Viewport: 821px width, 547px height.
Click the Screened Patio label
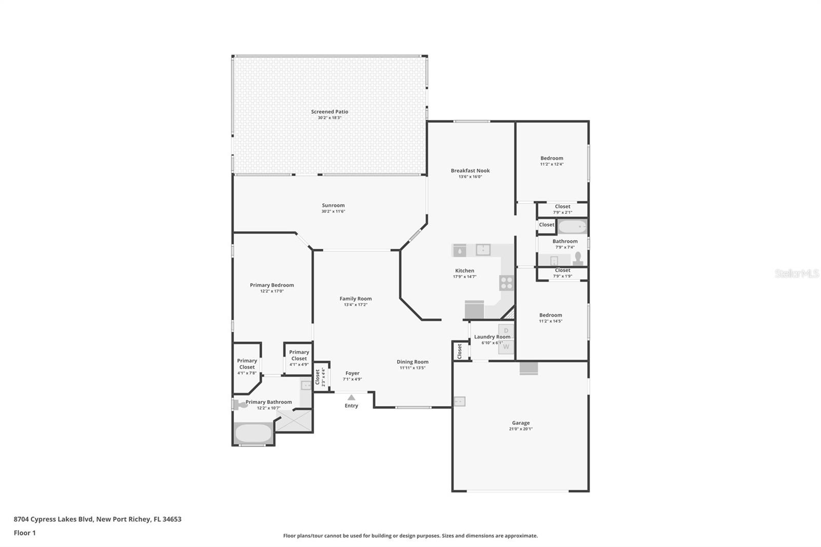click(x=329, y=111)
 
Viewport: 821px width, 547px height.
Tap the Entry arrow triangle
click(x=351, y=397)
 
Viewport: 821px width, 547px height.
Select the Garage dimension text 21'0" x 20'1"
click(x=520, y=429)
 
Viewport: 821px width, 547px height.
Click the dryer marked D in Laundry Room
click(x=506, y=330)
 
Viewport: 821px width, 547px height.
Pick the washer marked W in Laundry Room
click(x=506, y=347)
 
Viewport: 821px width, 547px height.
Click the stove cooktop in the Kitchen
click(x=506, y=283)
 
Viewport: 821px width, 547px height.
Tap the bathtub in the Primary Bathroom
click(x=253, y=434)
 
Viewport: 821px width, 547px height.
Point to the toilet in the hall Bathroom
click(x=578, y=258)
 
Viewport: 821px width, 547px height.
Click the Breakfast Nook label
click(x=470, y=170)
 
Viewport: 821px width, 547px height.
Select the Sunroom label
click(x=333, y=205)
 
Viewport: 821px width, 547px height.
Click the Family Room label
click(x=355, y=299)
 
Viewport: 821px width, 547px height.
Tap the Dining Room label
click(x=412, y=362)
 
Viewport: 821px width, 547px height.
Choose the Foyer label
click(x=352, y=373)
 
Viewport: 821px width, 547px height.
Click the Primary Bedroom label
click(x=271, y=285)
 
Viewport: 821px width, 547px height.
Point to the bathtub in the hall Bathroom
click(x=572, y=226)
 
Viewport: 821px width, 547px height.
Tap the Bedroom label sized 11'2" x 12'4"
click(x=552, y=158)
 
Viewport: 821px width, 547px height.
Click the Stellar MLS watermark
click(x=796, y=273)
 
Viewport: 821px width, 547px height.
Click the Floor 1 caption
click(x=25, y=533)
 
